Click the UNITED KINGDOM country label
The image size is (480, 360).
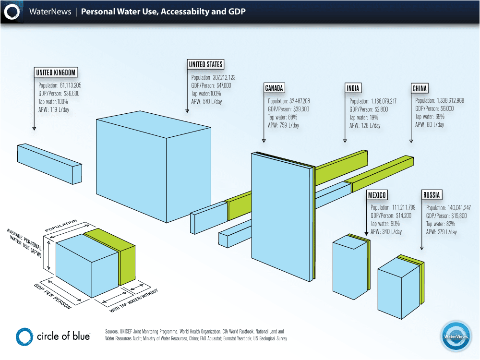click(56, 72)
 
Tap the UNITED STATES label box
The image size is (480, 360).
click(205, 65)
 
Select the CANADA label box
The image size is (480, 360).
click(275, 88)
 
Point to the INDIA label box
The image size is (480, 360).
click(353, 88)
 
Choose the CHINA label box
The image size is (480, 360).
click(420, 88)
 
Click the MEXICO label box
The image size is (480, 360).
click(377, 195)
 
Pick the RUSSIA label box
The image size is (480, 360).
click(432, 195)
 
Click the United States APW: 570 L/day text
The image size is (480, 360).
click(207, 102)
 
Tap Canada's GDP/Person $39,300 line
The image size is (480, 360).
click(288, 109)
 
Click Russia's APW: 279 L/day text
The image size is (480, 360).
click(442, 232)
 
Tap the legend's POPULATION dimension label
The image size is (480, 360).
click(61, 226)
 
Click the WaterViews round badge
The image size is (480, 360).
click(456, 336)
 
